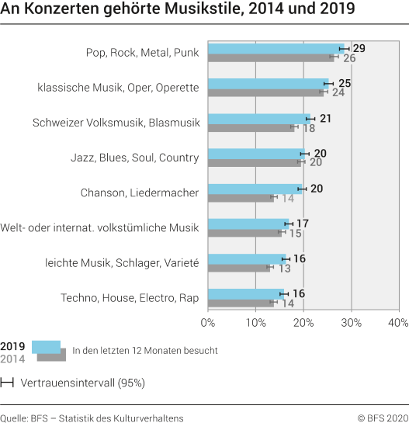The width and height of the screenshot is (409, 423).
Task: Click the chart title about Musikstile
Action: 178,11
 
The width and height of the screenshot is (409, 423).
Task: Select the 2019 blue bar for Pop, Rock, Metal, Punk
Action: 276,48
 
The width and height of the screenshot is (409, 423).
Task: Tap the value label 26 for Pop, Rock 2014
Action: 349,58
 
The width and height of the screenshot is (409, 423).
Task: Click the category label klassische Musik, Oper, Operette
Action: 118,88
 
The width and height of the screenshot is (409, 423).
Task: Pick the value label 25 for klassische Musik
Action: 345,83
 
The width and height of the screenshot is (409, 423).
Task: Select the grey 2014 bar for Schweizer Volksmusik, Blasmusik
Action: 251,127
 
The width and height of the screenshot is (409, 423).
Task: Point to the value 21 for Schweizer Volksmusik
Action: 326,118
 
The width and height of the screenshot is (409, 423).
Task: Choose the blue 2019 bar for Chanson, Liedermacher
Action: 255,188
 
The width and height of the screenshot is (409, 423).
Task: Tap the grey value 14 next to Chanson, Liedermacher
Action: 287,198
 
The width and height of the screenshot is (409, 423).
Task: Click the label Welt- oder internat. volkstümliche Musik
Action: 101,227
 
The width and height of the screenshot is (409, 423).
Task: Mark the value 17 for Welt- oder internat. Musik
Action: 302,224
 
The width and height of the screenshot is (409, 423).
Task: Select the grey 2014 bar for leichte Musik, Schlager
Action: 238,268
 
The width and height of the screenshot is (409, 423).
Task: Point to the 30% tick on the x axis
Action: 352,322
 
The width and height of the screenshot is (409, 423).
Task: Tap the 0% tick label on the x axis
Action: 208,322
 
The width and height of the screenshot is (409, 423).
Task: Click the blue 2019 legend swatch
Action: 47,346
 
